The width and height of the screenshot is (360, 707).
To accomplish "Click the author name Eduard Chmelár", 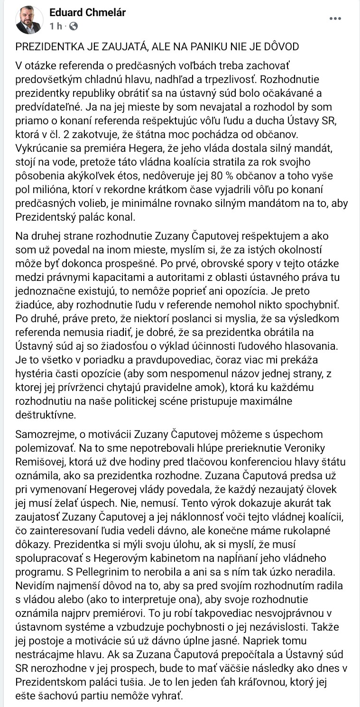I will (87, 13).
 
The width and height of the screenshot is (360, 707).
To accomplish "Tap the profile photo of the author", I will (28, 20).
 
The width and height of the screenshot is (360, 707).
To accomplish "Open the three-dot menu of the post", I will (335, 19).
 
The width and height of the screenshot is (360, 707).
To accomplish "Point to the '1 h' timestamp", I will (56, 27).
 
